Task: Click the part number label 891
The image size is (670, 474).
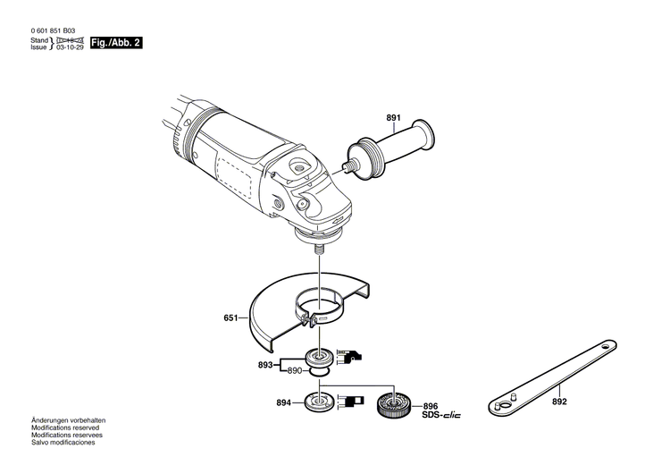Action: pos(394,118)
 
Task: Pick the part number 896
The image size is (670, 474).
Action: pos(430,404)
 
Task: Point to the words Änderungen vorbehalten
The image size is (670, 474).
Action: pos(68,420)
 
